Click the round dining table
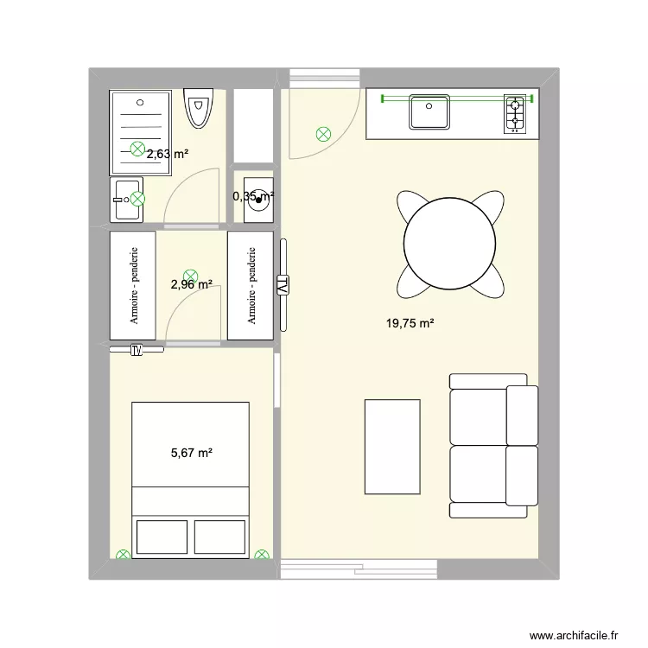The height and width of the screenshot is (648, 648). click(450, 243)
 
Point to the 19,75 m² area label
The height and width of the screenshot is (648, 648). click(410, 324)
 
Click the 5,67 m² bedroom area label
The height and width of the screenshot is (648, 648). click(191, 452)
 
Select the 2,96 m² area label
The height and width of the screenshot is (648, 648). click(191, 283)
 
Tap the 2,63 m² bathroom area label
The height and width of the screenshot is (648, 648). click(168, 155)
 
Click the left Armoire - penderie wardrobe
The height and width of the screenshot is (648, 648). click(133, 286)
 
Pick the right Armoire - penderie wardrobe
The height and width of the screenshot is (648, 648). click(251, 286)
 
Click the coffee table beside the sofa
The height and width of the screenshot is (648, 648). click(392, 446)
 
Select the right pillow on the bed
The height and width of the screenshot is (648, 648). click(220, 537)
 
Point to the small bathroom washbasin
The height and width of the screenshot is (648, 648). click(126, 200)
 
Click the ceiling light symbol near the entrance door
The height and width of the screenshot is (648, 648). click(323, 134)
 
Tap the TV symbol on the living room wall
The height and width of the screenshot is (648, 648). click(283, 285)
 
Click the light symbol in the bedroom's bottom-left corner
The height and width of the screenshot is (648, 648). click(124, 556)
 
